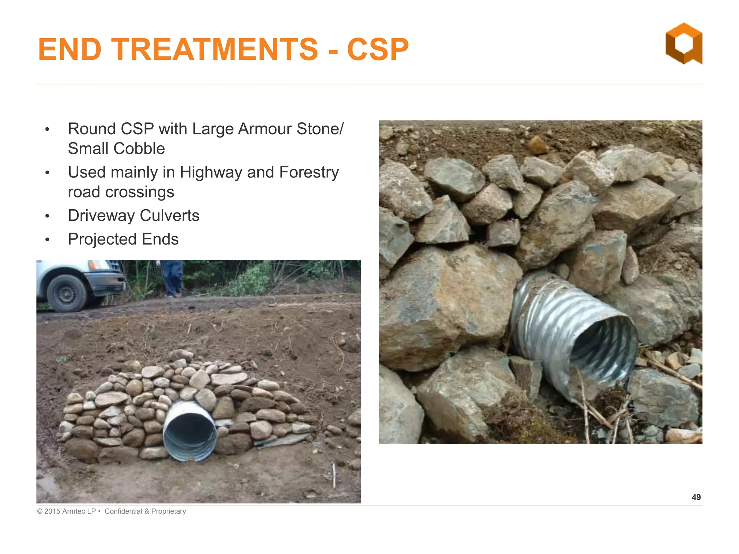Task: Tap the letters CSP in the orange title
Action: click(x=378, y=49)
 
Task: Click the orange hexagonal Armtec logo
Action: click(x=683, y=43)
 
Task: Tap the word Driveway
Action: click(x=101, y=216)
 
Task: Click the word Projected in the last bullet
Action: click(x=102, y=239)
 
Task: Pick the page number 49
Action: click(x=696, y=497)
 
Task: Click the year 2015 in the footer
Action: click(x=52, y=511)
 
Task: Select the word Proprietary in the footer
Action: click(x=169, y=511)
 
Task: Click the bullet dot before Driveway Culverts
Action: click(x=47, y=216)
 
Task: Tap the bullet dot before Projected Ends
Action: click(x=47, y=239)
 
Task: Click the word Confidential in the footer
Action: click(x=123, y=511)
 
